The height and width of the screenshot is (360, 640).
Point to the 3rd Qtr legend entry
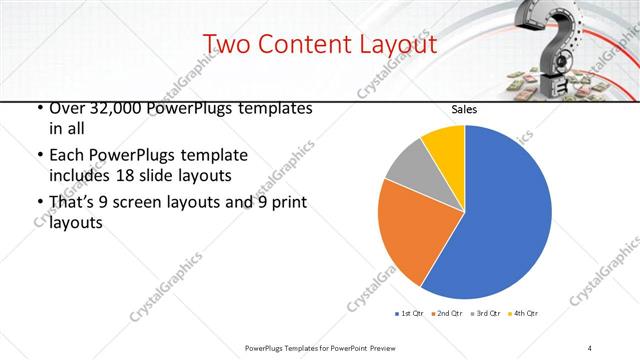coord(485,314)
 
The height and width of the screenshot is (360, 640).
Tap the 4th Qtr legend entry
coord(524,314)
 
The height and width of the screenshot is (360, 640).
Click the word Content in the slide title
coord(304,44)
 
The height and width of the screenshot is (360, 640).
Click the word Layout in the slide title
coord(398,44)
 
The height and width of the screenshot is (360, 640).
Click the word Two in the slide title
coord(225,44)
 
